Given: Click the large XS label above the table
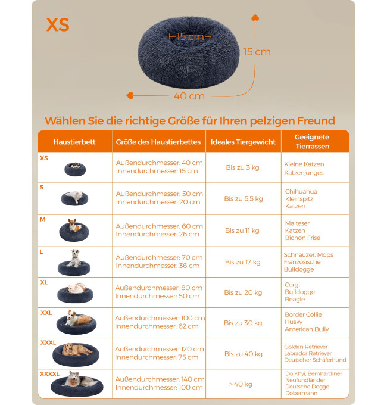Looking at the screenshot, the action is tap(58, 25).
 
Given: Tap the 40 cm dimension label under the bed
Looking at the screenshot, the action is tap(189, 96).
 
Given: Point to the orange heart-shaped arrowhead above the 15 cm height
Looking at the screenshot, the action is tap(255, 17).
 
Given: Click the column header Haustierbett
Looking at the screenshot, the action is tap(74, 142).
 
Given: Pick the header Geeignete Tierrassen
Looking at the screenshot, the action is tap(312, 142).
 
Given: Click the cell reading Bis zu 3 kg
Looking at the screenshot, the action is tap(243, 167).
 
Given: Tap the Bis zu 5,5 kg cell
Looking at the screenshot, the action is tap(244, 198).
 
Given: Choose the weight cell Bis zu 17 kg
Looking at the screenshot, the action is tap(243, 262).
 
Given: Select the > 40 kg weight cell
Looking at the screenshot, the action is tap(241, 384).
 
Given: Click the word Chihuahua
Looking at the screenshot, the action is tap(301, 191).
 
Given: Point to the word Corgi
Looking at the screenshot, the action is tap(292, 285).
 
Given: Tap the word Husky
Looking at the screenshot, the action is tap(294, 322).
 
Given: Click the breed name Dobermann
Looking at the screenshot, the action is tap(301, 393).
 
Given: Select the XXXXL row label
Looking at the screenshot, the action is tap(49, 374).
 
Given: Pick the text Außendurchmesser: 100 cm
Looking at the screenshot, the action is tap(160, 318).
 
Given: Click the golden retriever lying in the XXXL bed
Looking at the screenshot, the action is tap(76, 350).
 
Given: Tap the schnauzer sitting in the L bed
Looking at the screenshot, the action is tap(74, 258).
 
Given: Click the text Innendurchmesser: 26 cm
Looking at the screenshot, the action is tap(158, 234).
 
